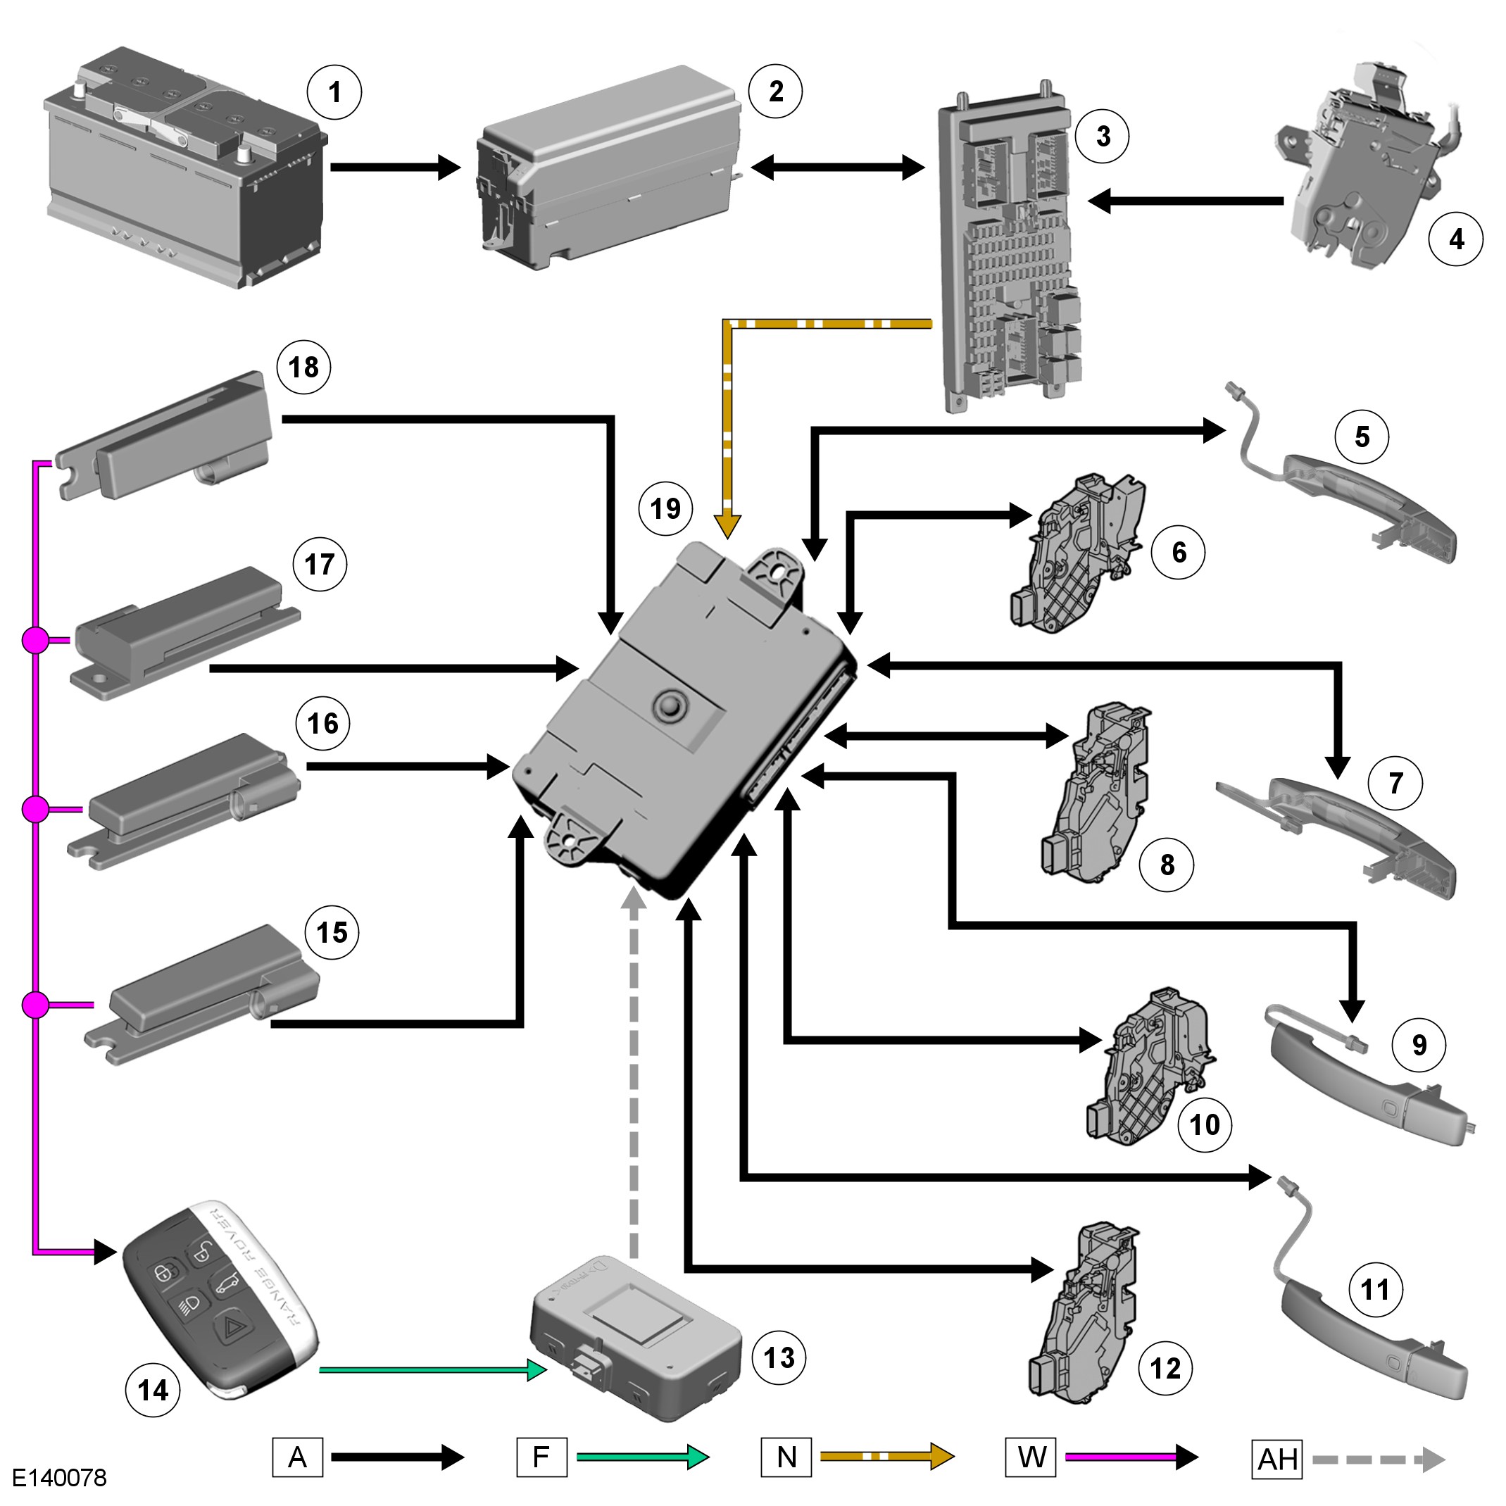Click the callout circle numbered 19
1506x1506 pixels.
click(665, 509)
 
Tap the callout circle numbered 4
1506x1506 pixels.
click(1455, 239)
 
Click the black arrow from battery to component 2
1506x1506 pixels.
click(396, 167)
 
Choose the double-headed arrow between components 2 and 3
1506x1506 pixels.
click(838, 167)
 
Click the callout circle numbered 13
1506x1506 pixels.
click(779, 1358)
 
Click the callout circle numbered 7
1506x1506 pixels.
click(1395, 784)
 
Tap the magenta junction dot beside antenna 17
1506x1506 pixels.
click(35, 641)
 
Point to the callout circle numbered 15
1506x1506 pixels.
click(332, 932)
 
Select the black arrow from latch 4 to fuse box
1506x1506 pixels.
click(1186, 201)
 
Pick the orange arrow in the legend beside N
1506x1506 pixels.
click(887, 1456)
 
